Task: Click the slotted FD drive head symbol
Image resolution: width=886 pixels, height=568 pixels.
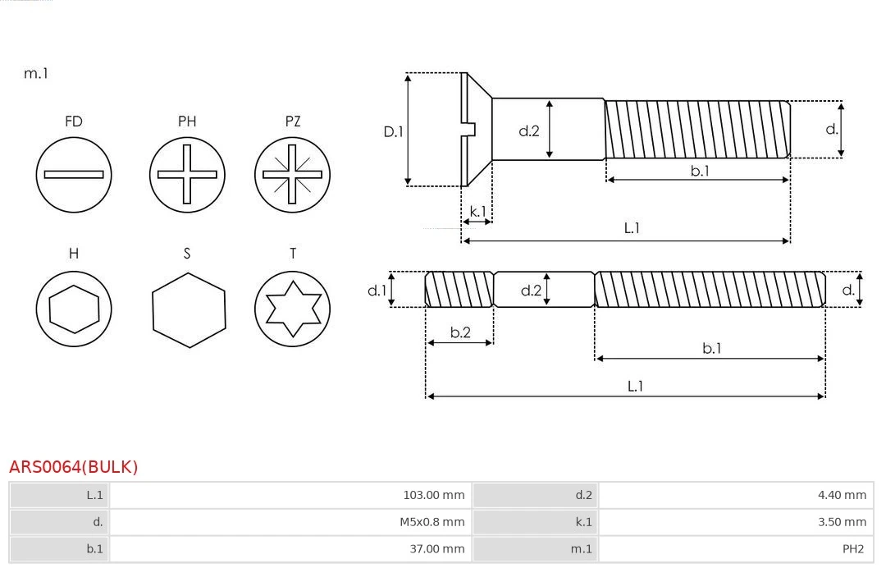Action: click(x=74, y=174)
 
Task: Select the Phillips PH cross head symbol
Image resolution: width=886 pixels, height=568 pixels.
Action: click(x=187, y=174)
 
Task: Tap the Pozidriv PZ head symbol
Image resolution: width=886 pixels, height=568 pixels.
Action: click(x=292, y=174)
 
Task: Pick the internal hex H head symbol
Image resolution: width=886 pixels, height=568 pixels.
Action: click(x=74, y=309)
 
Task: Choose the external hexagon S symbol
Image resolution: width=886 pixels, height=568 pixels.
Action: click(x=188, y=309)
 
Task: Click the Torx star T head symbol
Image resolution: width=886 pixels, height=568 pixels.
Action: click(x=292, y=309)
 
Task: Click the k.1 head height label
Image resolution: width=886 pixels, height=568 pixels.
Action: click(x=477, y=212)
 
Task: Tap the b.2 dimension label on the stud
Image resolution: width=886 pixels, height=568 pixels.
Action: click(x=460, y=332)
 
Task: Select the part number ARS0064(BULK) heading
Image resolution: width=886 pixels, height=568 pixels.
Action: click(x=74, y=467)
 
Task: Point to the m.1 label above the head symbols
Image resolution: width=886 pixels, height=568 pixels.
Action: click(x=36, y=73)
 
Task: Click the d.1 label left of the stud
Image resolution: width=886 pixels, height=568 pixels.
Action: click(x=377, y=290)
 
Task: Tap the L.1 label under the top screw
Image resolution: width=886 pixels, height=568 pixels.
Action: click(x=632, y=228)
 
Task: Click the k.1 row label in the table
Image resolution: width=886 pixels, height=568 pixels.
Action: click(x=583, y=521)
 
